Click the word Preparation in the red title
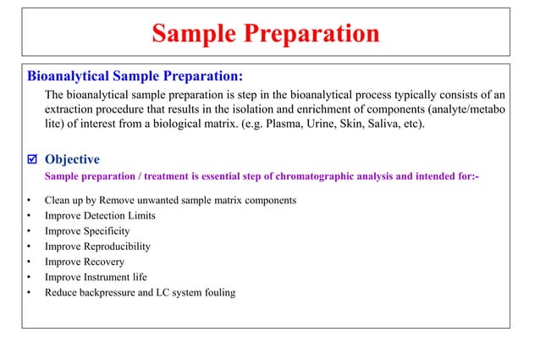click(x=310, y=34)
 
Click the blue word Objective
click(x=72, y=159)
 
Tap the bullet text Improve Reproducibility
click(x=97, y=246)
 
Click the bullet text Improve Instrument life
click(x=96, y=277)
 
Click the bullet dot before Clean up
click(x=29, y=201)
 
